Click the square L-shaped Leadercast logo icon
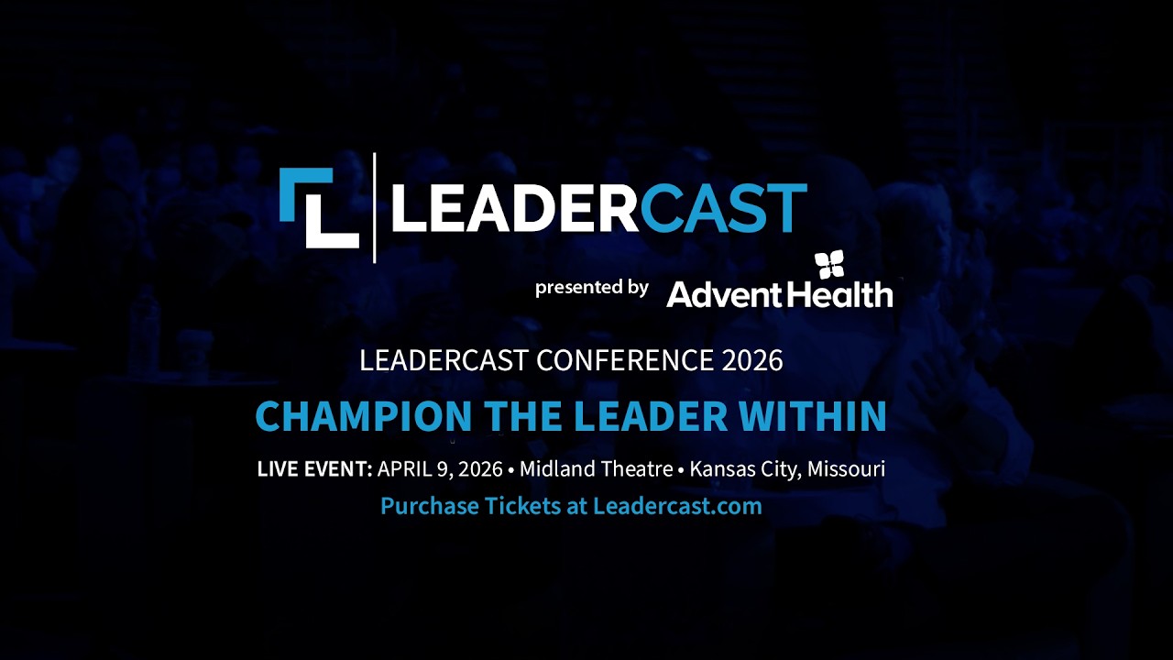pos(318,208)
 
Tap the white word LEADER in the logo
pos(513,208)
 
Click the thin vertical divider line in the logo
pos(375,208)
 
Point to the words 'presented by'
pos(591,288)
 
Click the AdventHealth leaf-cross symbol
pos(829,265)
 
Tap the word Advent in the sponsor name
pos(723,294)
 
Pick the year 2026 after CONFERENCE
pos(752,360)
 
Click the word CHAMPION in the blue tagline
pos(363,416)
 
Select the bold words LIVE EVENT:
pos(314,469)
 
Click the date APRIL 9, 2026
pos(440,469)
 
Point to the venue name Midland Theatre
pos(596,469)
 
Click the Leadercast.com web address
pos(677,506)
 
